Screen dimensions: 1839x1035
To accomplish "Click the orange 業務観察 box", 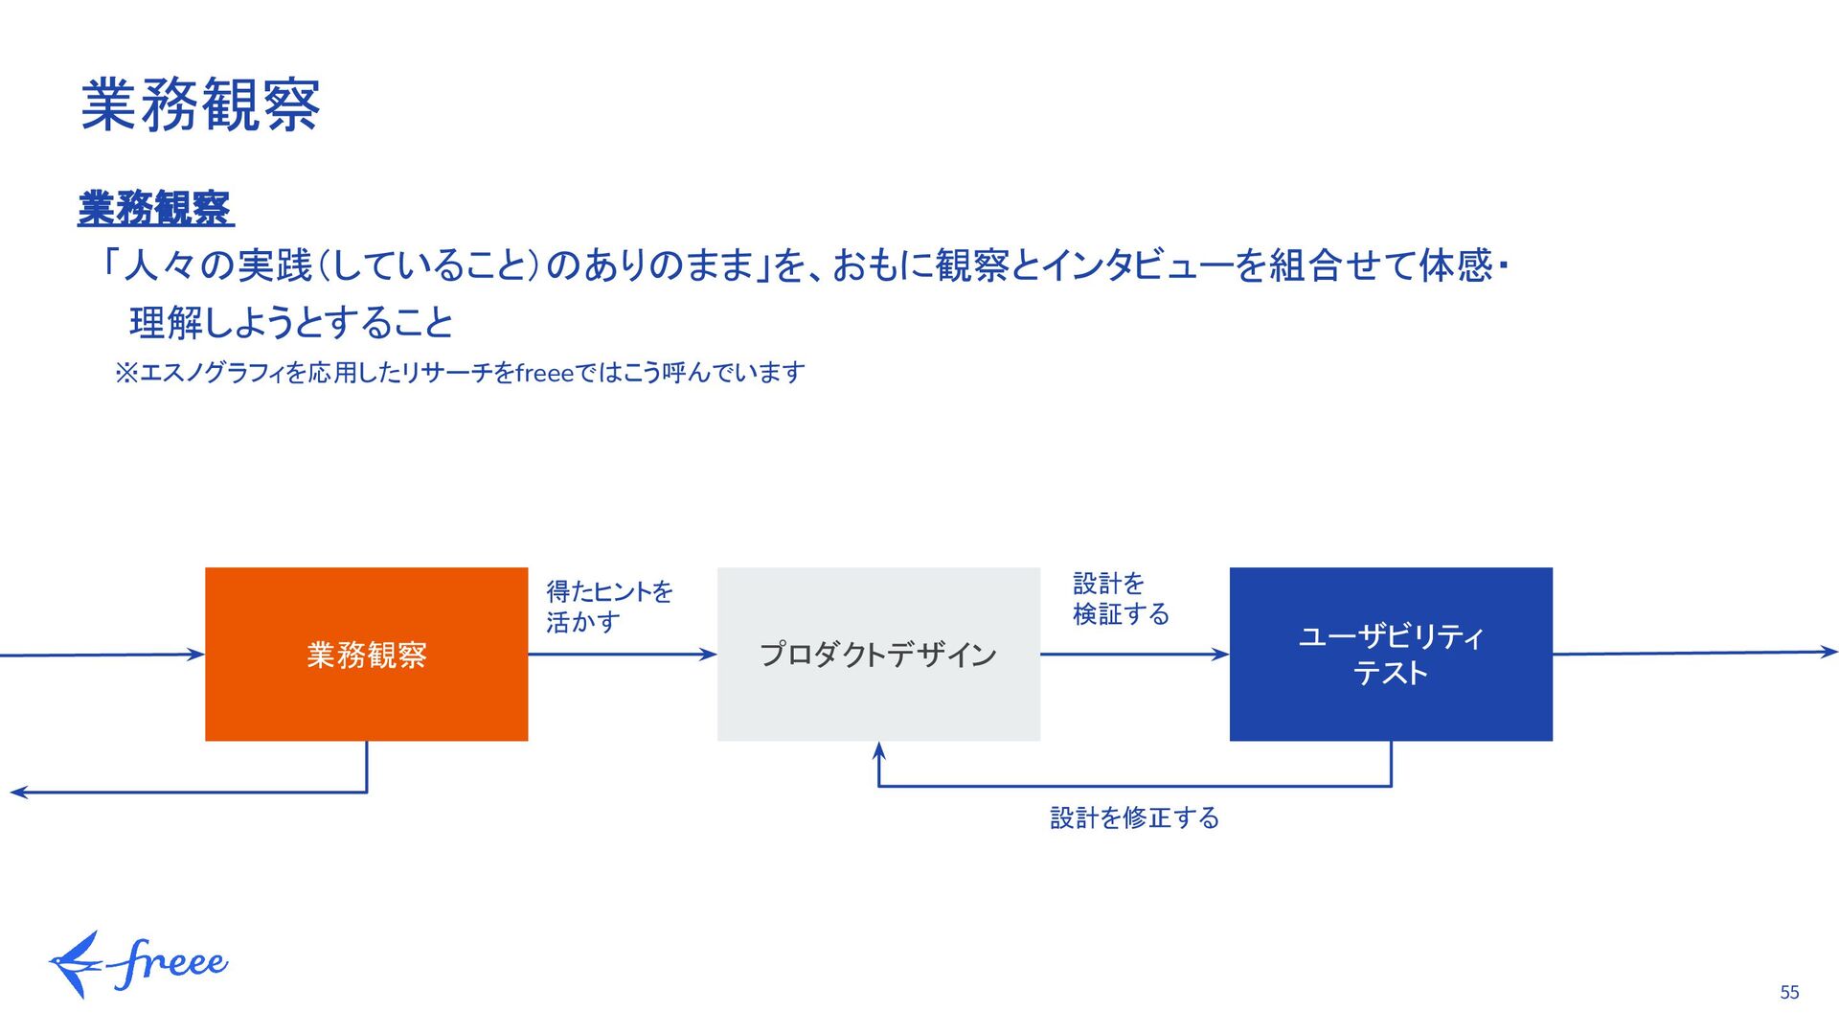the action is [366, 654].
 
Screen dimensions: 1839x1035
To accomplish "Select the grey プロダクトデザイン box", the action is [878, 654].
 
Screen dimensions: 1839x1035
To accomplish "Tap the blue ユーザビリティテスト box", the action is [1390, 654].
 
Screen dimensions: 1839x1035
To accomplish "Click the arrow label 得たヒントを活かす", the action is [609, 606].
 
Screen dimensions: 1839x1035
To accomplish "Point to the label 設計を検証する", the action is [1120, 599].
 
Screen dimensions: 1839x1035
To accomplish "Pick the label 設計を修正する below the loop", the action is [1134, 817].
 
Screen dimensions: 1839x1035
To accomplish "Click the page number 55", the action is [1789, 993].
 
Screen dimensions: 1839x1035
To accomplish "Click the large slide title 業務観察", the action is [200, 104].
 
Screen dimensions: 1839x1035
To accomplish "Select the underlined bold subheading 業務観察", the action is [155, 208].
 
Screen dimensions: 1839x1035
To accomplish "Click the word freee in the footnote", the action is [544, 373].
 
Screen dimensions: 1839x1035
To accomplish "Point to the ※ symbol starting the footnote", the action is [126, 373].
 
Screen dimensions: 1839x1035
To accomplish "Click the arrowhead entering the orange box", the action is [196, 655].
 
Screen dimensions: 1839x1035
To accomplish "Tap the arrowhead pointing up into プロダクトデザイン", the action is [878, 750].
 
